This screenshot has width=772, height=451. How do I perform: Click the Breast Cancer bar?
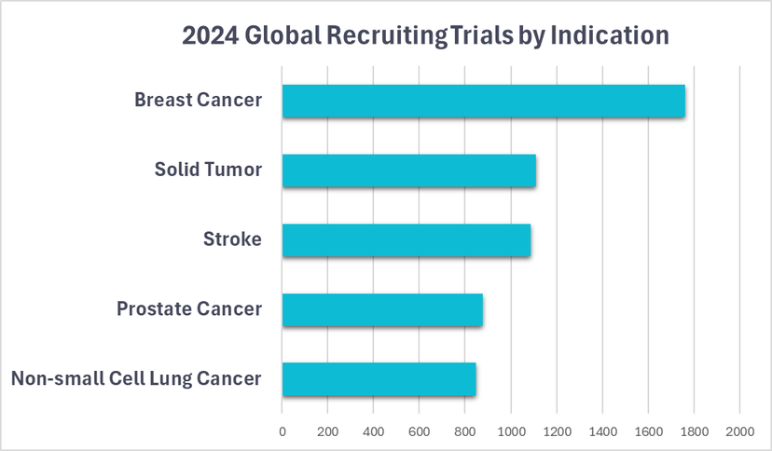click(483, 101)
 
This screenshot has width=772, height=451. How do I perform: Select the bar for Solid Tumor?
click(408, 171)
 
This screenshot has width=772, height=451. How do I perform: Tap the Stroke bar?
click(406, 240)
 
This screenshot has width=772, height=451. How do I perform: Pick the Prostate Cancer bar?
click(382, 310)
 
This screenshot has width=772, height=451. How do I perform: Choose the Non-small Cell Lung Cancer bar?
click(379, 379)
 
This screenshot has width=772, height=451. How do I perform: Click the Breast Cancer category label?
click(198, 100)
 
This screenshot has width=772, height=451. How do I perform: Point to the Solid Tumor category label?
click(208, 170)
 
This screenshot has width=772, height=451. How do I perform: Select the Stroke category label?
click(232, 239)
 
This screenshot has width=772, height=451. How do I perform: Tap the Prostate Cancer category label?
click(189, 308)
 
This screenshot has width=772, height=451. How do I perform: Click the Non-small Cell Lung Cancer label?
click(136, 378)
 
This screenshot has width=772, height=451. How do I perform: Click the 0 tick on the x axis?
click(283, 431)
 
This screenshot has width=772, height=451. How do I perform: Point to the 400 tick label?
click(373, 431)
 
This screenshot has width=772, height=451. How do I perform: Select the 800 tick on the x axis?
click(464, 431)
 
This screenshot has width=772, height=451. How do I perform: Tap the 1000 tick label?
click(510, 431)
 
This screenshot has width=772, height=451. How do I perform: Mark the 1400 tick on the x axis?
click(602, 431)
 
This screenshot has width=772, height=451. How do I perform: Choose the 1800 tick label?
click(694, 431)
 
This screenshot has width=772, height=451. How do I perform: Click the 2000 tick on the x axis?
click(739, 431)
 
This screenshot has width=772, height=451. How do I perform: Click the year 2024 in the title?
click(209, 35)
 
